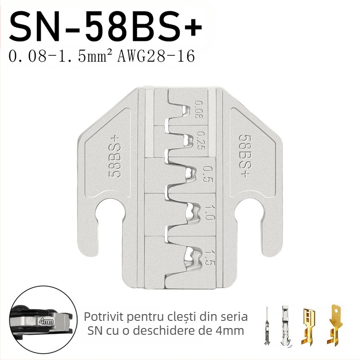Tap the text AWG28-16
click(x=156, y=56)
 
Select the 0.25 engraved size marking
click(x=200, y=140)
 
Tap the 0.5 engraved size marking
click(x=208, y=175)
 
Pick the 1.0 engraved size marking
click(x=208, y=213)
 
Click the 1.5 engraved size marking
click(x=209, y=257)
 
